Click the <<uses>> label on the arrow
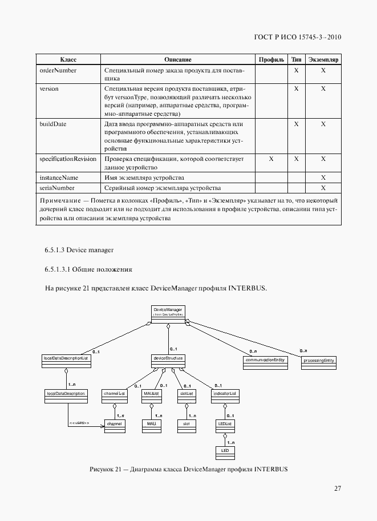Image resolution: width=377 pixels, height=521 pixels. [x=79, y=423]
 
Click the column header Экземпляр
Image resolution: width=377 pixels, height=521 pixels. [x=323, y=59]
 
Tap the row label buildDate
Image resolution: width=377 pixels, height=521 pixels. [x=51, y=124]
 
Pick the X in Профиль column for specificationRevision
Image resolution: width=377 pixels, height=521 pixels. [x=271, y=159]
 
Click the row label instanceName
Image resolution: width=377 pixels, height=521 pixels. [x=58, y=177]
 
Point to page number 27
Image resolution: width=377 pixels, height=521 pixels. [x=337, y=488]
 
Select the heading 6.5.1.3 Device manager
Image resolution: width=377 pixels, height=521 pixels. [x=79, y=250]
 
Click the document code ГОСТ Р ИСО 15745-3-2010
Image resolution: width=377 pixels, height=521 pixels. [x=298, y=37]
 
